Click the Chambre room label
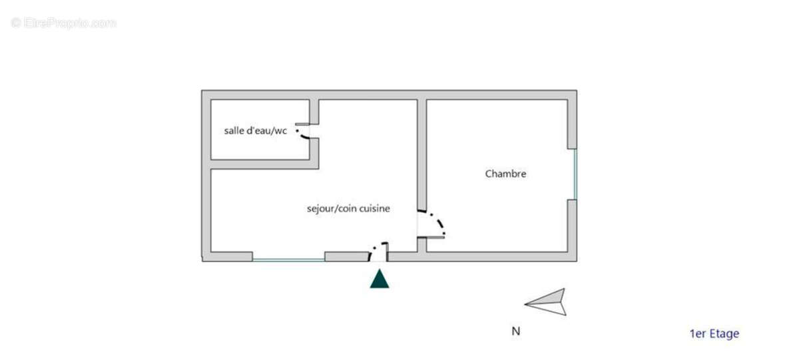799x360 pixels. tap(505, 174)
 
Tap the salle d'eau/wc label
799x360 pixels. tap(255, 130)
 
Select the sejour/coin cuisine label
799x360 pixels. tap(348, 208)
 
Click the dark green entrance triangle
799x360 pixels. tap(380, 279)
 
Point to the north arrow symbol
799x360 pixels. tap(547, 302)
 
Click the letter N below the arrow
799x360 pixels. tap(515, 331)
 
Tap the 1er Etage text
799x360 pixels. tap(714, 334)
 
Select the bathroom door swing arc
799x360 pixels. tap(304, 135)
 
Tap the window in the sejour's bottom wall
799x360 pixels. tap(288, 260)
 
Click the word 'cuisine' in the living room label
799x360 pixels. tap(374, 208)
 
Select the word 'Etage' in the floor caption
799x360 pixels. tap(723, 334)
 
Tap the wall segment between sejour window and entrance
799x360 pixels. tap(346, 256)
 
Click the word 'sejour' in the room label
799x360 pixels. tap(320, 208)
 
